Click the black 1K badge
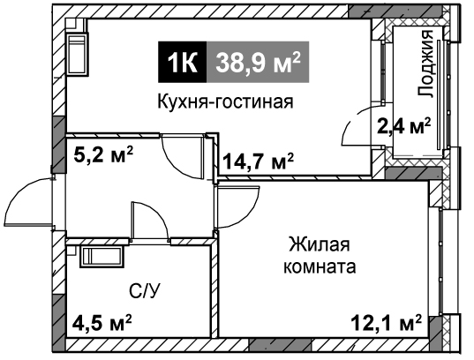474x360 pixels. coord(183,62)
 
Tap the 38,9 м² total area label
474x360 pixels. coord(258,63)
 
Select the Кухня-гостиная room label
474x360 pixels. coord(225,101)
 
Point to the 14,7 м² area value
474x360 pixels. coord(258,161)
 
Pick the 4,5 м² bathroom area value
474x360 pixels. coord(102,324)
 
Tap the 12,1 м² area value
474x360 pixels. coord(387,324)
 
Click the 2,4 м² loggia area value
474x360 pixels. coord(404,125)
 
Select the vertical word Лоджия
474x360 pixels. coord(425,64)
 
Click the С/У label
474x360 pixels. coord(144,291)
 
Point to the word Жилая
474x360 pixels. coord(320,244)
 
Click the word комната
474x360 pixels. coord(320,266)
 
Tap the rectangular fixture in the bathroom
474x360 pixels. coord(102,258)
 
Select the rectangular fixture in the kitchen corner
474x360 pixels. coord(78,54)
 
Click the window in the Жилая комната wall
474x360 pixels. coord(441,261)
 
